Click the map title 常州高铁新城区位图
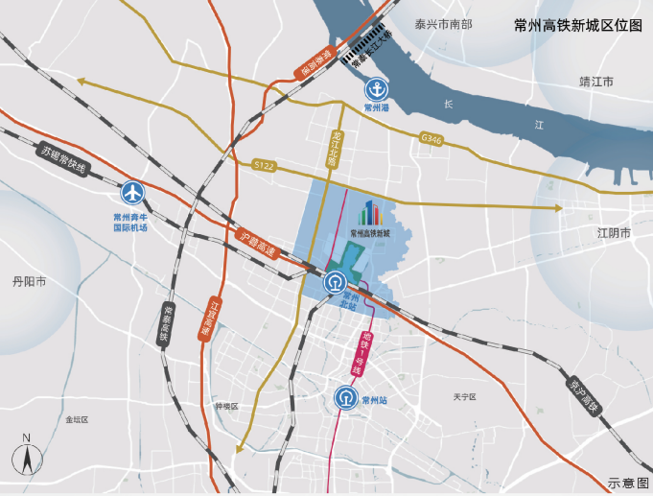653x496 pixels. pyautogui.click(x=577, y=26)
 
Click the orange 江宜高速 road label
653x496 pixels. pyautogui.click(x=209, y=316)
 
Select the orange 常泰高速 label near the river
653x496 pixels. pyautogui.click(x=313, y=62)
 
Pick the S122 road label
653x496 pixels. pyautogui.click(x=265, y=166)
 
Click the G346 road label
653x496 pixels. pyautogui.click(x=431, y=139)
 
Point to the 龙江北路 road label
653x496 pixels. pyautogui.click(x=335, y=149)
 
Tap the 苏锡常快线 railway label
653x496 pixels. pyautogui.click(x=64, y=160)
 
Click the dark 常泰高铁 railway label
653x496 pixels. pyautogui.click(x=166, y=324)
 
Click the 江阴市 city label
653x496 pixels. pyautogui.click(x=614, y=233)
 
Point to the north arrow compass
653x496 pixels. pyautogui.click(x=28, y=457)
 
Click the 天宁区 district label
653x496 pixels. pyautogui.click(x=465, y=396)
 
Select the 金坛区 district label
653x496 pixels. pyautogui.click(x=77, y=419)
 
